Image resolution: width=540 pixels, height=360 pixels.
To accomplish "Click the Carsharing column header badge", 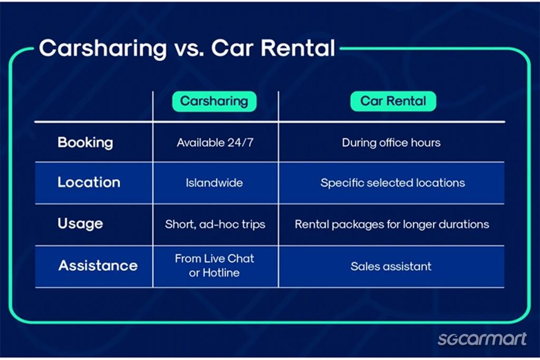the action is click(x=214, y=101).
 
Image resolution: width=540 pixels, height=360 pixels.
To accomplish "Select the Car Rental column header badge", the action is click(x=393, y=101).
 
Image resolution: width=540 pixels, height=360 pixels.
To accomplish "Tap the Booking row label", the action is click(x=85, y=143).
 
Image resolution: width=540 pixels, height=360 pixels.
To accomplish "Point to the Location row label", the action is click(x=89, y=182).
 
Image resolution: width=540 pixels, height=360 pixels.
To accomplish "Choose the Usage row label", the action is click(x=80, y=224).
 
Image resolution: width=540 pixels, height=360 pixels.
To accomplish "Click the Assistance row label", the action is click(x=98, y=265).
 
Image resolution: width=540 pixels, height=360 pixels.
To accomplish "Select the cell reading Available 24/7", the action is click(x=215, y=142).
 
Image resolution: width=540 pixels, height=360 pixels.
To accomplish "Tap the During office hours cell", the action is click(x=391, y=142).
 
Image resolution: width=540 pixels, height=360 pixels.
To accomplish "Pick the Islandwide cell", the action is click(x=214, y=182).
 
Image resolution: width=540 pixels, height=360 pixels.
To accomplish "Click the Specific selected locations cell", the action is click(x=392, y=183).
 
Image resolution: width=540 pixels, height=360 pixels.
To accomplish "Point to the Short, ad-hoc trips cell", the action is click(x=215, y=225).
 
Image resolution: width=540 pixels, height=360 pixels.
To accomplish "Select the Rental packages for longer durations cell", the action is click(x=392, y=225).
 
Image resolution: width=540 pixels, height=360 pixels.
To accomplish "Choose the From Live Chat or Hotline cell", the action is click(x=214, y=265).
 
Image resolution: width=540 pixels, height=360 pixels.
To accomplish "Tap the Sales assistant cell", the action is click(x=391, y=266).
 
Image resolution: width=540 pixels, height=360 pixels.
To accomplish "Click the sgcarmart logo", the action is click(x=482, y=339).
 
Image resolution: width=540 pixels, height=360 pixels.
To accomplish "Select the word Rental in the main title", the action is click(x=298, y=47).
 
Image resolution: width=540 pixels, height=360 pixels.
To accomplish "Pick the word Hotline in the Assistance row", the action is click(x=221, y=273).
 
